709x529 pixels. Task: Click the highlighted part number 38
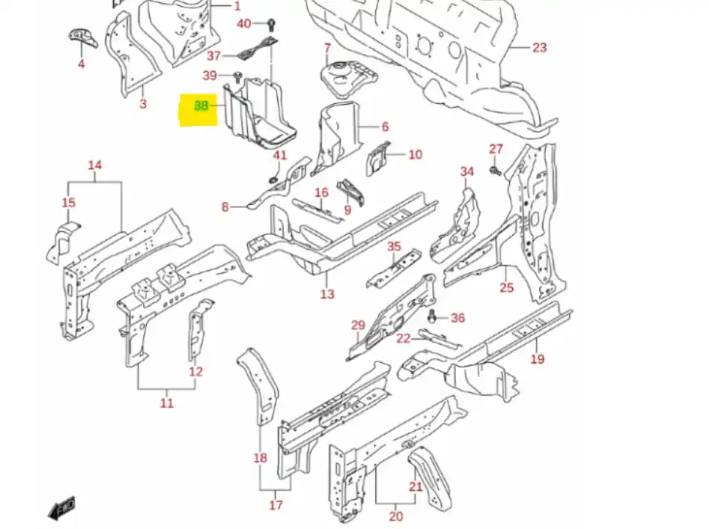(x=201, y=106)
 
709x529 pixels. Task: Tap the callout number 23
(x=540, y=48)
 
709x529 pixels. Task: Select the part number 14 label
(x=95, y=165)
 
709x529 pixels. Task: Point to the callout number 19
(x=537, y=359)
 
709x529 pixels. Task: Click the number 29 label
(x=358, y=325)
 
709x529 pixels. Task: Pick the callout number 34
(x=467, y=172)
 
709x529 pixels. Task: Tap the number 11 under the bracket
(x=166, y=403)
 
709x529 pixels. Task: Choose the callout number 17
(x=276, y=505)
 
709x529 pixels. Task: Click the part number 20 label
(x=396, y=516)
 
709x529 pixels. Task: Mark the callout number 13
(x=327, y=294)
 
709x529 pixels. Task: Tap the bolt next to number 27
(x=495, y=171)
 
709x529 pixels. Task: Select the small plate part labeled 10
(x=377, y=156)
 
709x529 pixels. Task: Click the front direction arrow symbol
(x=61, y=509)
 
